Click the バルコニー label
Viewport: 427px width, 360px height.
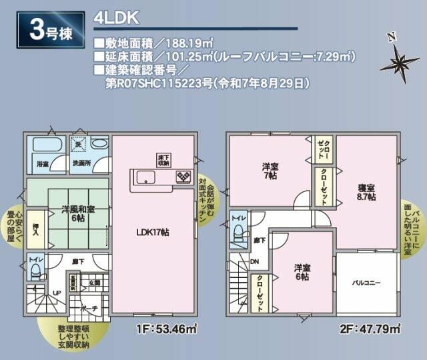[366, 283]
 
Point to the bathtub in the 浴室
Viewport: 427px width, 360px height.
[46, 145]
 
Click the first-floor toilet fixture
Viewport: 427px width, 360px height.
[36, 268]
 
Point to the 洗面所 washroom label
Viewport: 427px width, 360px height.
[82, 162]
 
